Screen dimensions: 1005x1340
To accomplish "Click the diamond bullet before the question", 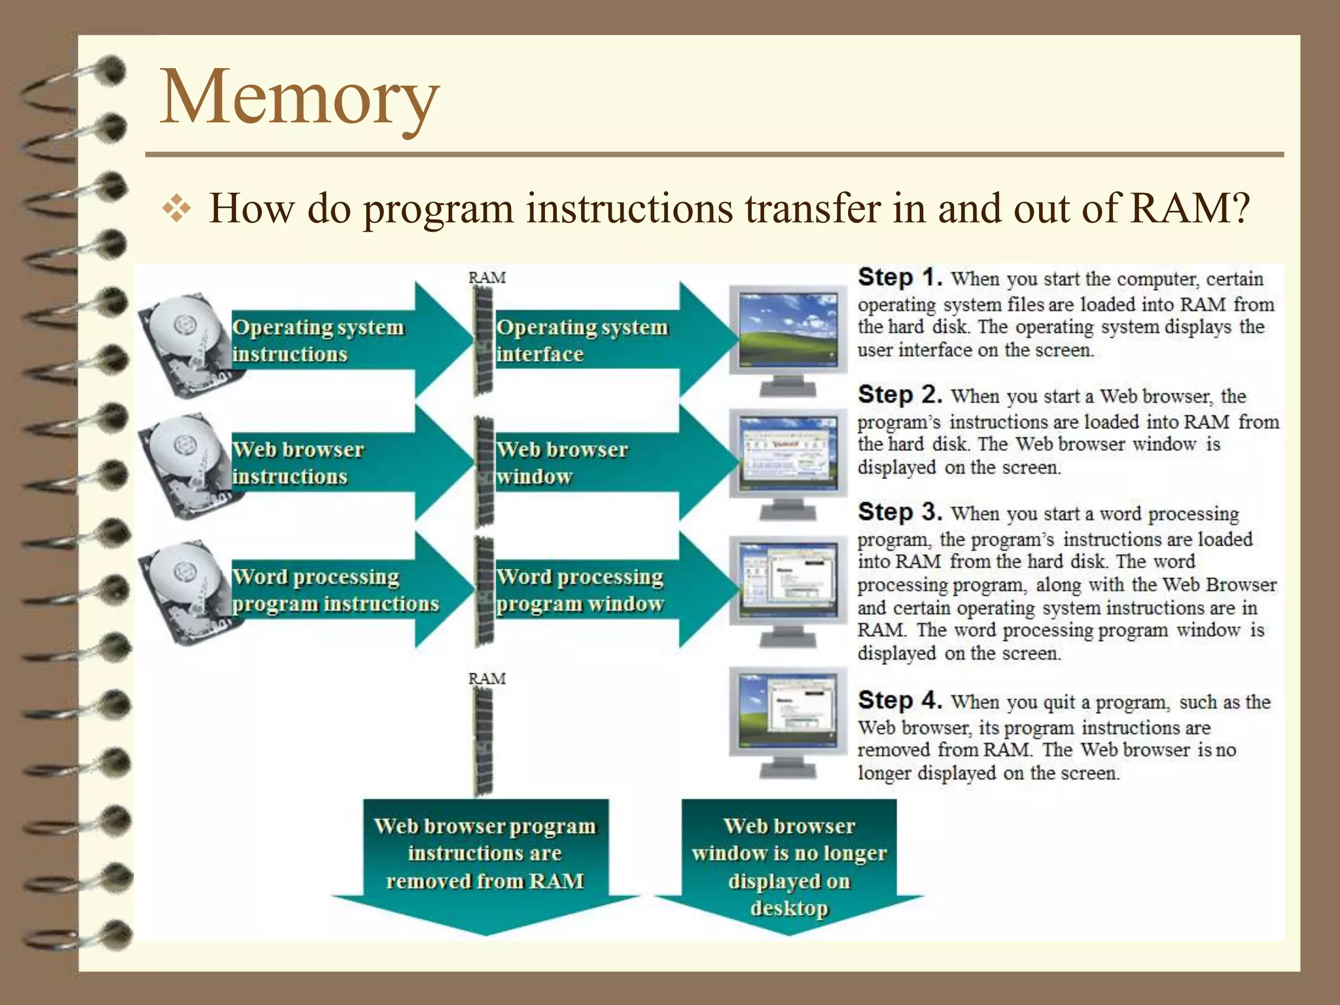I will [177, 209].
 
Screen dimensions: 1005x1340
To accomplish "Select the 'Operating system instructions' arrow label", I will [318, 340].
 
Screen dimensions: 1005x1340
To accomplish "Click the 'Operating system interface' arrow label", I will [582, 340].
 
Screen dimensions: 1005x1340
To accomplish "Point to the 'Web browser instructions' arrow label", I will [298, 463].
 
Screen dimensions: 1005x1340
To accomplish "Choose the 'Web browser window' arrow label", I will [561, 463].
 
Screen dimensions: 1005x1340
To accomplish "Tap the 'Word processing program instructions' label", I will [335, 590].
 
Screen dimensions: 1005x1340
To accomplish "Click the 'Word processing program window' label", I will [580, 590].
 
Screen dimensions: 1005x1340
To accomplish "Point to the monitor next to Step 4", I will [788, 720].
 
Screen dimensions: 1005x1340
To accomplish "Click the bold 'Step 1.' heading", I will [900, 277].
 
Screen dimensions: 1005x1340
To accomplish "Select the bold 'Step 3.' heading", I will [900, 512].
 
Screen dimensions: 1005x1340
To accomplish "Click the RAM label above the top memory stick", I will [487, 277].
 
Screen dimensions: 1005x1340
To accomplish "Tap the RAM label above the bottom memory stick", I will [487, 679].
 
